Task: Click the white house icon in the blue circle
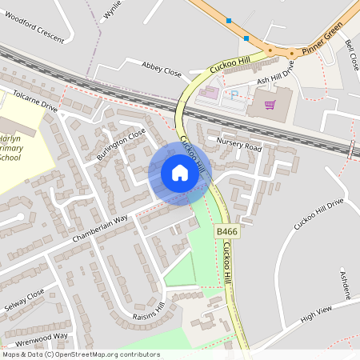[179, 172]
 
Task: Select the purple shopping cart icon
[270, 104]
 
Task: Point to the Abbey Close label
[162, 70]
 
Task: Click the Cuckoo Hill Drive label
[318, 214]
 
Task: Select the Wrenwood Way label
[42, 337]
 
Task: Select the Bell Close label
[352, 55]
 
